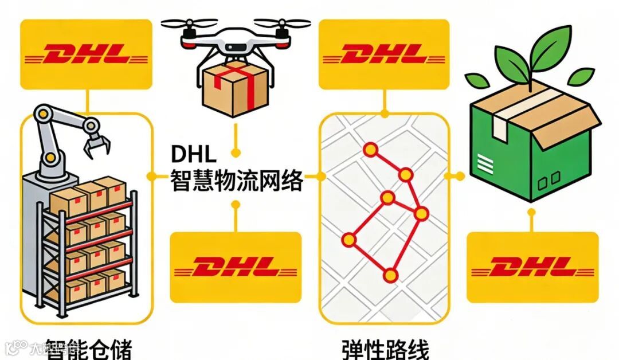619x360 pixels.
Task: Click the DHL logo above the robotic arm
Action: pyautogui.click(x=86, y=54)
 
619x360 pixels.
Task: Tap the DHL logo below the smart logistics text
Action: pyautogui.click(x=235, y=267)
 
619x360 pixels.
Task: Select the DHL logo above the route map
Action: pyautogui.click(x=384, y=54)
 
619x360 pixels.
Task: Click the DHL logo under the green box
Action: pyautogui.click(x=532, y=267)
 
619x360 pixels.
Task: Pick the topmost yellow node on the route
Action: pyautogui.click(x=370, y=151)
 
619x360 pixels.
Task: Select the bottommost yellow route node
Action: pyautogui.click(x=391, y=276)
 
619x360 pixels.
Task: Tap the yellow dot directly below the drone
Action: pyautogui.click(x=235, y=152)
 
